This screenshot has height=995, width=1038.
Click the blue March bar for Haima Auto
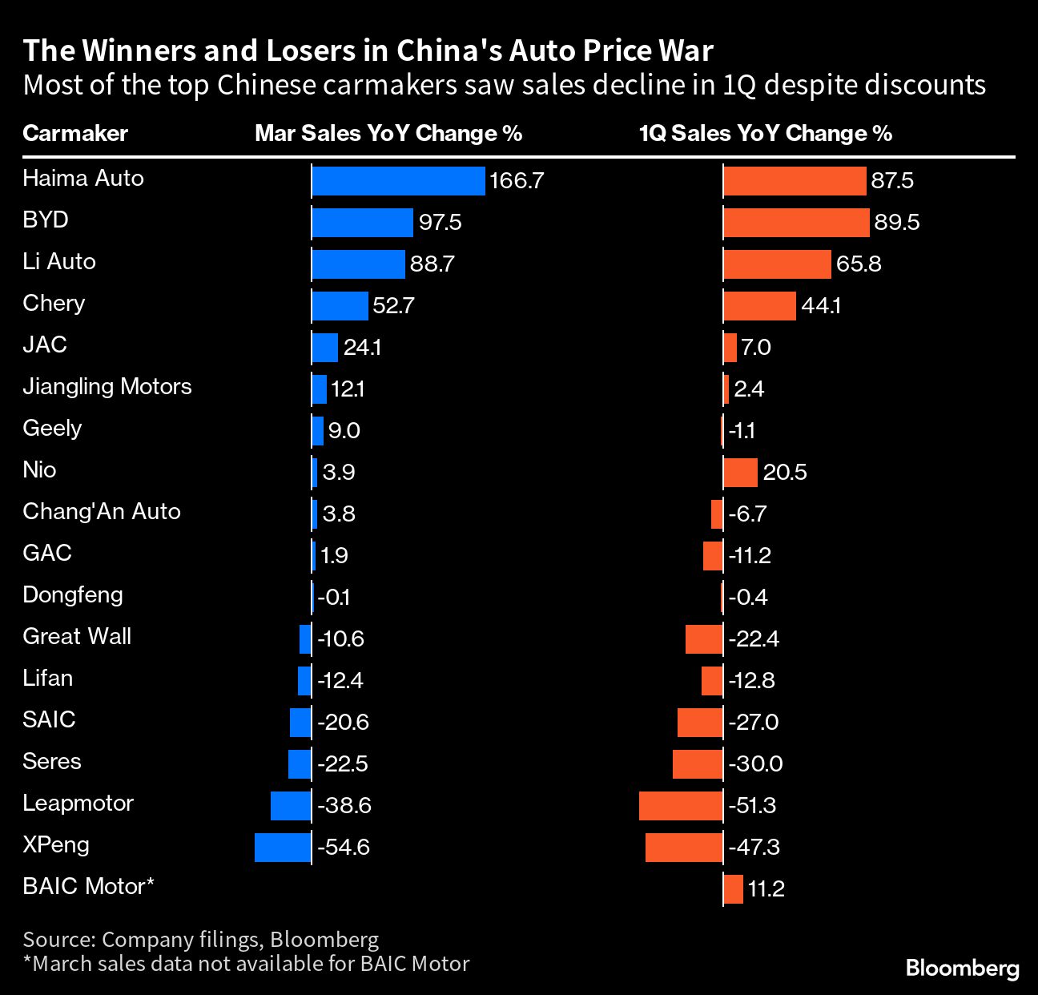coord(398,181)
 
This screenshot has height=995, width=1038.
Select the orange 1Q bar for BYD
coord(796,223)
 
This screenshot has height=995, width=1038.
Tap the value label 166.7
coord(517,181)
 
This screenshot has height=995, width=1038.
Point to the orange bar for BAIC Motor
coord(733,889)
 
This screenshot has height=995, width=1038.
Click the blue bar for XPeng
coord(283,848)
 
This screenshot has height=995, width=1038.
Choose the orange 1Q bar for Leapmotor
coord(681,806)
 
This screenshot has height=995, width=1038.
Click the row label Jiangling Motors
coord(107,387)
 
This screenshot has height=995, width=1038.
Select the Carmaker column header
coord(75,133)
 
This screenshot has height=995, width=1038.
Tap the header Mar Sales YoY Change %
coord(388,133)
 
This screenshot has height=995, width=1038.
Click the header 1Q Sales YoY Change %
coord(766,133)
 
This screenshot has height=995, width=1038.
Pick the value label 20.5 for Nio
coord(785,473)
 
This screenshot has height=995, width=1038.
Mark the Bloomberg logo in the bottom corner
coord(962,968)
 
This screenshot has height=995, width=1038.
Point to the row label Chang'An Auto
coord(102,512)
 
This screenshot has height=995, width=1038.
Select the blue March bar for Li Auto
coord(358,264)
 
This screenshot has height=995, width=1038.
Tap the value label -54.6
coord(344,848)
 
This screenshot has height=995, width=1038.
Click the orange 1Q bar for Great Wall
coord(704,639)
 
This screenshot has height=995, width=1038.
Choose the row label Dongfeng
coord(73,595)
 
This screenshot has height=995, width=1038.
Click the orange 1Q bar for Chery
coord(759,306)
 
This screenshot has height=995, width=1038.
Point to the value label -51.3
coord(752,806)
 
